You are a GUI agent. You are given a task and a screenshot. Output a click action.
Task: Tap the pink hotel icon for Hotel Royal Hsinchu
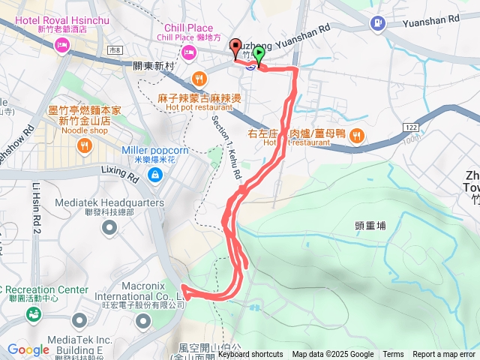61,46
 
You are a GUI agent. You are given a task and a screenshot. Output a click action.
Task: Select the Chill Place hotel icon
187,52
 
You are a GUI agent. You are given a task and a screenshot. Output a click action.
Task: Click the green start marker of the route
259,55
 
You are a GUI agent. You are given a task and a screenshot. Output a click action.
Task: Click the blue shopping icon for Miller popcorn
154,175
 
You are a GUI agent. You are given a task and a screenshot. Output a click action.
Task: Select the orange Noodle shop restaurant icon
84,145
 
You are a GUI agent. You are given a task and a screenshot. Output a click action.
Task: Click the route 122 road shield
410,128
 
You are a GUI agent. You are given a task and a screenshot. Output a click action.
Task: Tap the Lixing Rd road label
119,174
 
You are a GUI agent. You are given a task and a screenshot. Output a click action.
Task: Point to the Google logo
28,349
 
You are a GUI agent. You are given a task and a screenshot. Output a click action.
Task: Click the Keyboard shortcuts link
250,355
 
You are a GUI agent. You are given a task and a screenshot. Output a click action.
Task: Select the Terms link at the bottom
393,355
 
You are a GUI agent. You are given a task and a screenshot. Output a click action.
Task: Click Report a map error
444,355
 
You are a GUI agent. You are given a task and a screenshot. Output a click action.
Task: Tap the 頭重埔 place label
370,224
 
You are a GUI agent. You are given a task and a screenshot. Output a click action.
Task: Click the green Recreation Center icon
34,313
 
